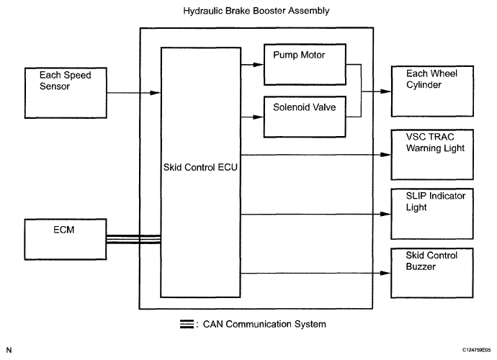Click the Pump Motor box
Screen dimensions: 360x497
click(303, 63)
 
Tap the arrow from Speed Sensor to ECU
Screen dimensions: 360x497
click(130, 92)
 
